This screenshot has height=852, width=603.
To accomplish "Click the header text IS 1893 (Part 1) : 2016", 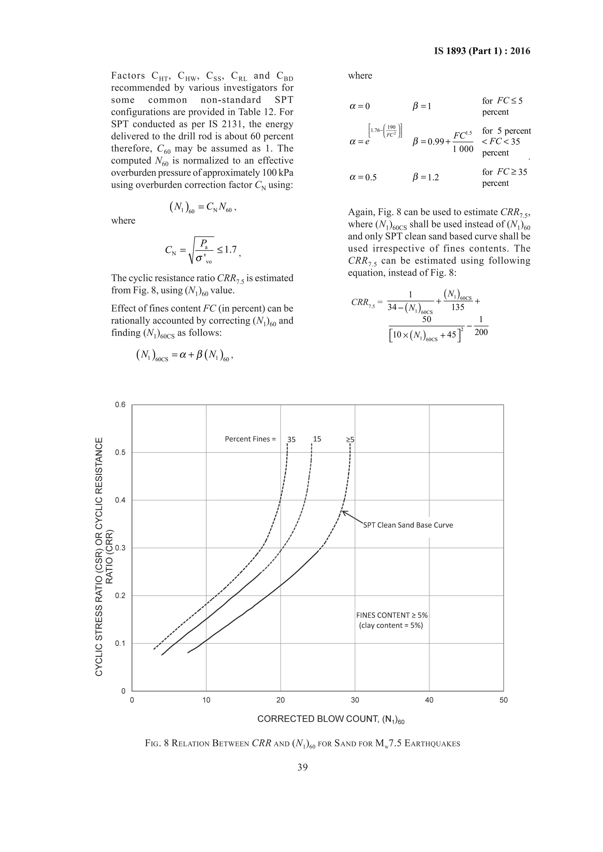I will point(482,51).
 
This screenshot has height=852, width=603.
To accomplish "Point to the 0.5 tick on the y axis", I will point(120,452).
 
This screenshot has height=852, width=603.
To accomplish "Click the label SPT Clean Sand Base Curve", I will point(408,525).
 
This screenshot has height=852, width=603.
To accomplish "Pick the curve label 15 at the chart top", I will point(317,439).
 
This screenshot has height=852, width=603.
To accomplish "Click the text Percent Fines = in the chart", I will point(250,439).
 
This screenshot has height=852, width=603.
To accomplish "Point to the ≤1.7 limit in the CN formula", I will point(226,250).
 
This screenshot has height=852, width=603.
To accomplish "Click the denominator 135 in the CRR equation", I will point(458,307).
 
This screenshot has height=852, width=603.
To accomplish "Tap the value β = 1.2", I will point(426,177).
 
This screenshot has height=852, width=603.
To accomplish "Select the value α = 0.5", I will point(363,177).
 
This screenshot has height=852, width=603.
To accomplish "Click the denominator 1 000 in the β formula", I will point(463,149).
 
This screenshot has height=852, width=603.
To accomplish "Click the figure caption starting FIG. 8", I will point(302,744).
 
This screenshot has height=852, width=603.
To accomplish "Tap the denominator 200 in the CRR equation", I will point(481,332).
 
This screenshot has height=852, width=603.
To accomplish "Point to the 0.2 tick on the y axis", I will point(120,596).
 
